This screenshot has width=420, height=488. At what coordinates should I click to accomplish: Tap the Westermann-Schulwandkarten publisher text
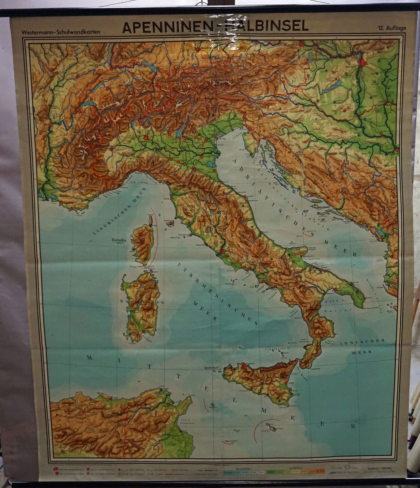[x=61, y=32]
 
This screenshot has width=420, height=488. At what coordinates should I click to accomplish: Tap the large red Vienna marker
[x=362, y=62]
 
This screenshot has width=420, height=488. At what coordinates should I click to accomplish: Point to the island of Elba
[x=170, y=223]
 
